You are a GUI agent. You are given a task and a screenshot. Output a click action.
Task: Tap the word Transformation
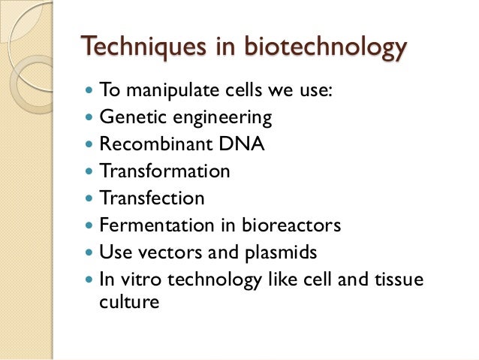pyautogui.click(x=164, y=171)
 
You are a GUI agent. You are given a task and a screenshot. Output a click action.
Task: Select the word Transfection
pyautogui.click(x=152, y=198)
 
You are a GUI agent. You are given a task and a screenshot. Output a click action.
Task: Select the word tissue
pyautogui.click(x=398, y=280)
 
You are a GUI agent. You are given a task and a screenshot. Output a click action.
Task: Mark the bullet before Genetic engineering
pyautogui.click(x=91, y=119)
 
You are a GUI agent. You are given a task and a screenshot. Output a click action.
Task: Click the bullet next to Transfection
pyautogui.click(x=91, y=199)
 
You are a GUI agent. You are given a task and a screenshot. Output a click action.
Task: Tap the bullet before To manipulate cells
pyautogui.click(x=91, y=92)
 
